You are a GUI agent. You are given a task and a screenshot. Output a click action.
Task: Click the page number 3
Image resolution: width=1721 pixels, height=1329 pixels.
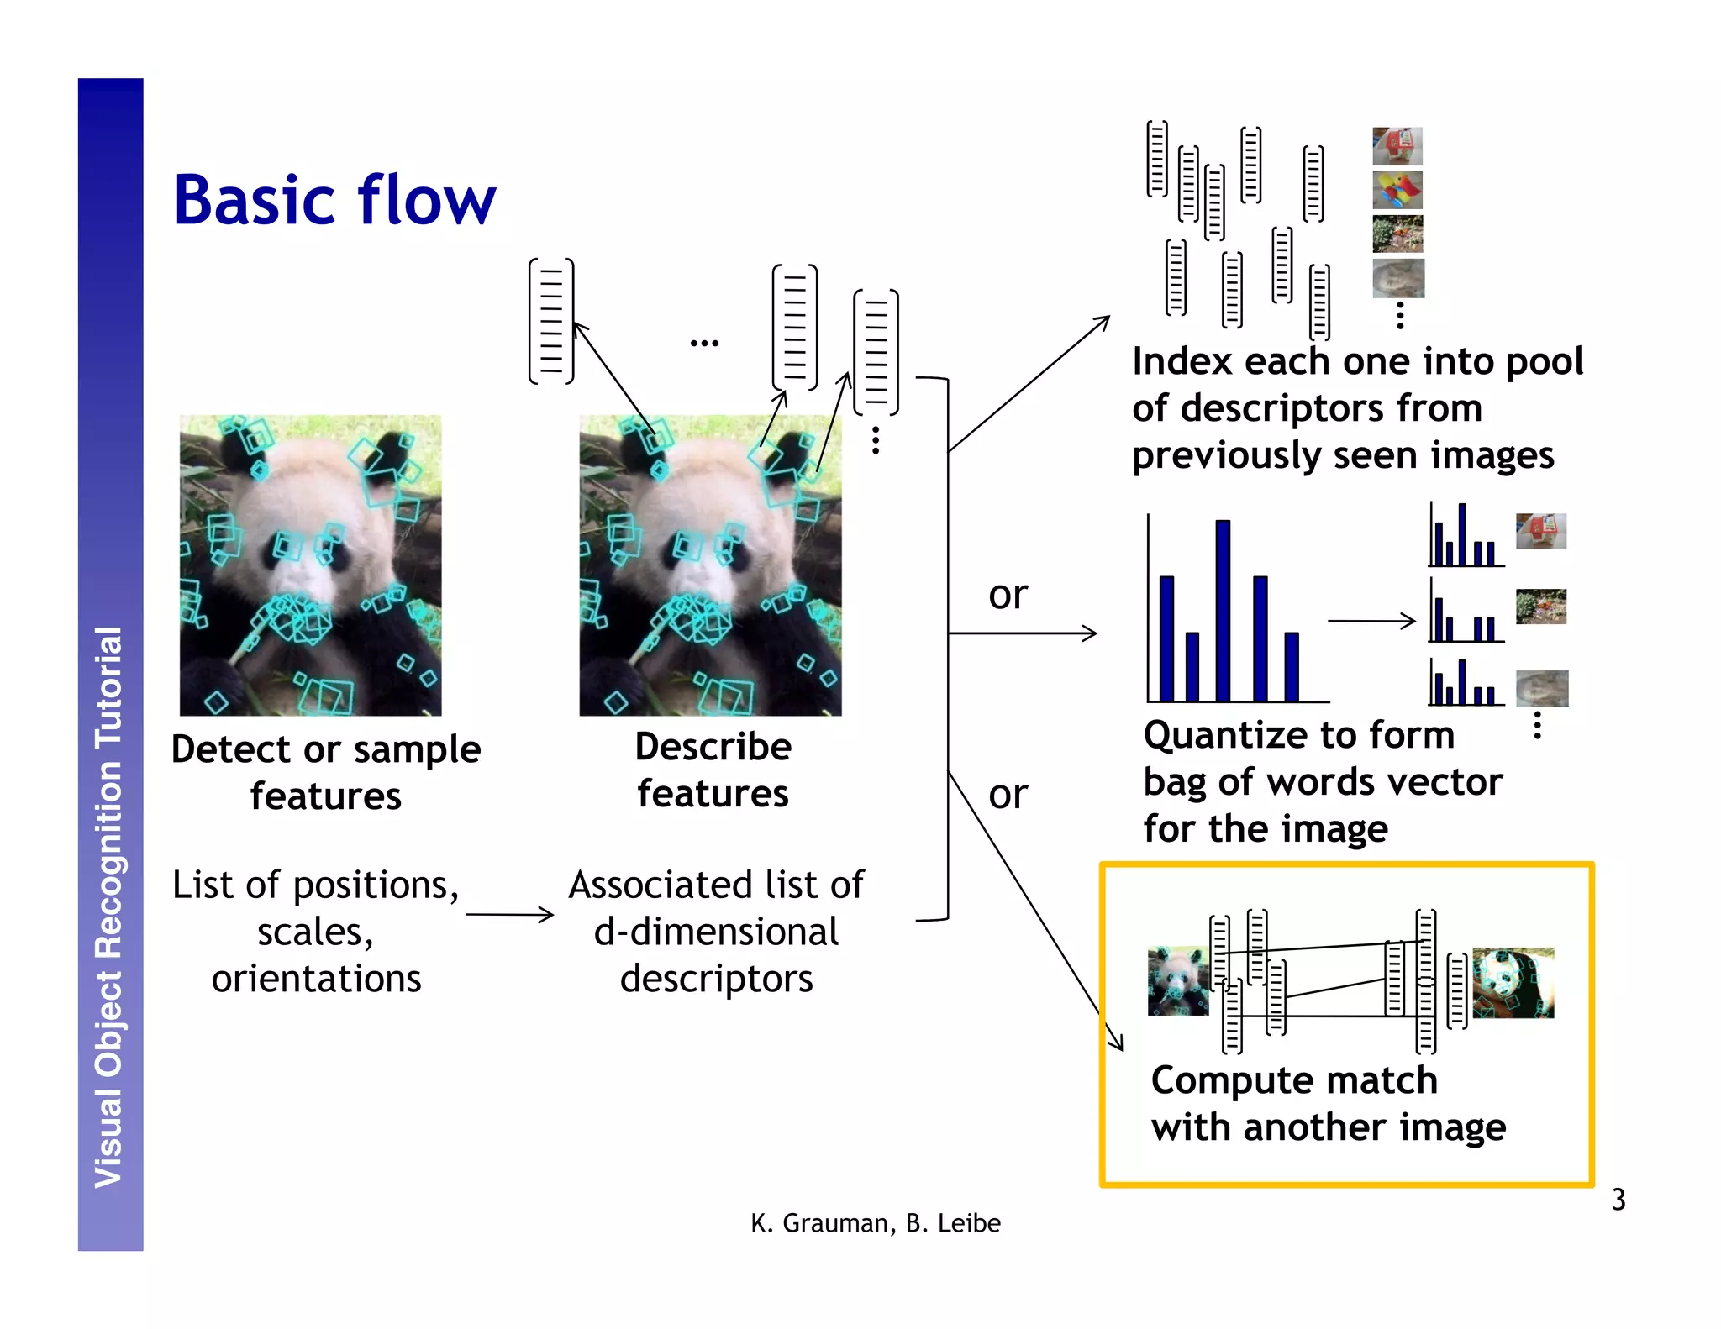1618,1200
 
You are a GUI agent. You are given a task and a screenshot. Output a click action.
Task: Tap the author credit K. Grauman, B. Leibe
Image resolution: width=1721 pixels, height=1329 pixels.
875,1223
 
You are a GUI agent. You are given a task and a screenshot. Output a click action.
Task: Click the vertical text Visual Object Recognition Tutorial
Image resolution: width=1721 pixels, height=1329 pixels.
109,906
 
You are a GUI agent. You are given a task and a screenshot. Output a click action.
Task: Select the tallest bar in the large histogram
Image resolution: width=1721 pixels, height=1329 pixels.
1223,610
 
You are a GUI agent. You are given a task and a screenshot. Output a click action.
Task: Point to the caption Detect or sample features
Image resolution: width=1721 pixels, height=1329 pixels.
326,771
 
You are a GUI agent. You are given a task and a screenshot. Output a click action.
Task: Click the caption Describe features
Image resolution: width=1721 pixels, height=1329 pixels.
713,770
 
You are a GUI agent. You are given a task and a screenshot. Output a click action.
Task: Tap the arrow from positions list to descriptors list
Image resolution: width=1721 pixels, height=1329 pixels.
509,914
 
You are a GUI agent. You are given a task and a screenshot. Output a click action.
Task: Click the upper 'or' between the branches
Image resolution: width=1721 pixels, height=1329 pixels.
1008,595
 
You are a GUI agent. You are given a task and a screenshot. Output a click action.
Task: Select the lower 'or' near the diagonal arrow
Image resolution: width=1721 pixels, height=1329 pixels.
1008,795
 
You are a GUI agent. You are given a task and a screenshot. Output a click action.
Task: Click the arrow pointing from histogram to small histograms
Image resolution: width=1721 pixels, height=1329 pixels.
1371,621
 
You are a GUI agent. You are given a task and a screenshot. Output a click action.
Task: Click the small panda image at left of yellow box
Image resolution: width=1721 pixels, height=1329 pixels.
1177,981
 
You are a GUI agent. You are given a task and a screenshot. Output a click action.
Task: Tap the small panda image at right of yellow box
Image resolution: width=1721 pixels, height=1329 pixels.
1513,983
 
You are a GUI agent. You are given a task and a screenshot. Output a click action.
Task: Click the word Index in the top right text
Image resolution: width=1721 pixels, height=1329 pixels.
1183,362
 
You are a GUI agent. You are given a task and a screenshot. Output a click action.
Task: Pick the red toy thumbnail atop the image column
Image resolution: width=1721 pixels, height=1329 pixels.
1397,146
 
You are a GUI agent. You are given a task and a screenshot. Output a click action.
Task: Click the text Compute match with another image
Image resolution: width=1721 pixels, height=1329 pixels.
1327,1103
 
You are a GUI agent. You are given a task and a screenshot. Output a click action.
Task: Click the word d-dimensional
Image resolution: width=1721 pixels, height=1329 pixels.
716,932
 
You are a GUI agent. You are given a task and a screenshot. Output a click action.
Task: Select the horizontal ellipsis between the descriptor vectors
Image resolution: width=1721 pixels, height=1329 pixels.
704,343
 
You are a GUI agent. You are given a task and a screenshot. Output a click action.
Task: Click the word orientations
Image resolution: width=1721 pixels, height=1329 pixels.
316,979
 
